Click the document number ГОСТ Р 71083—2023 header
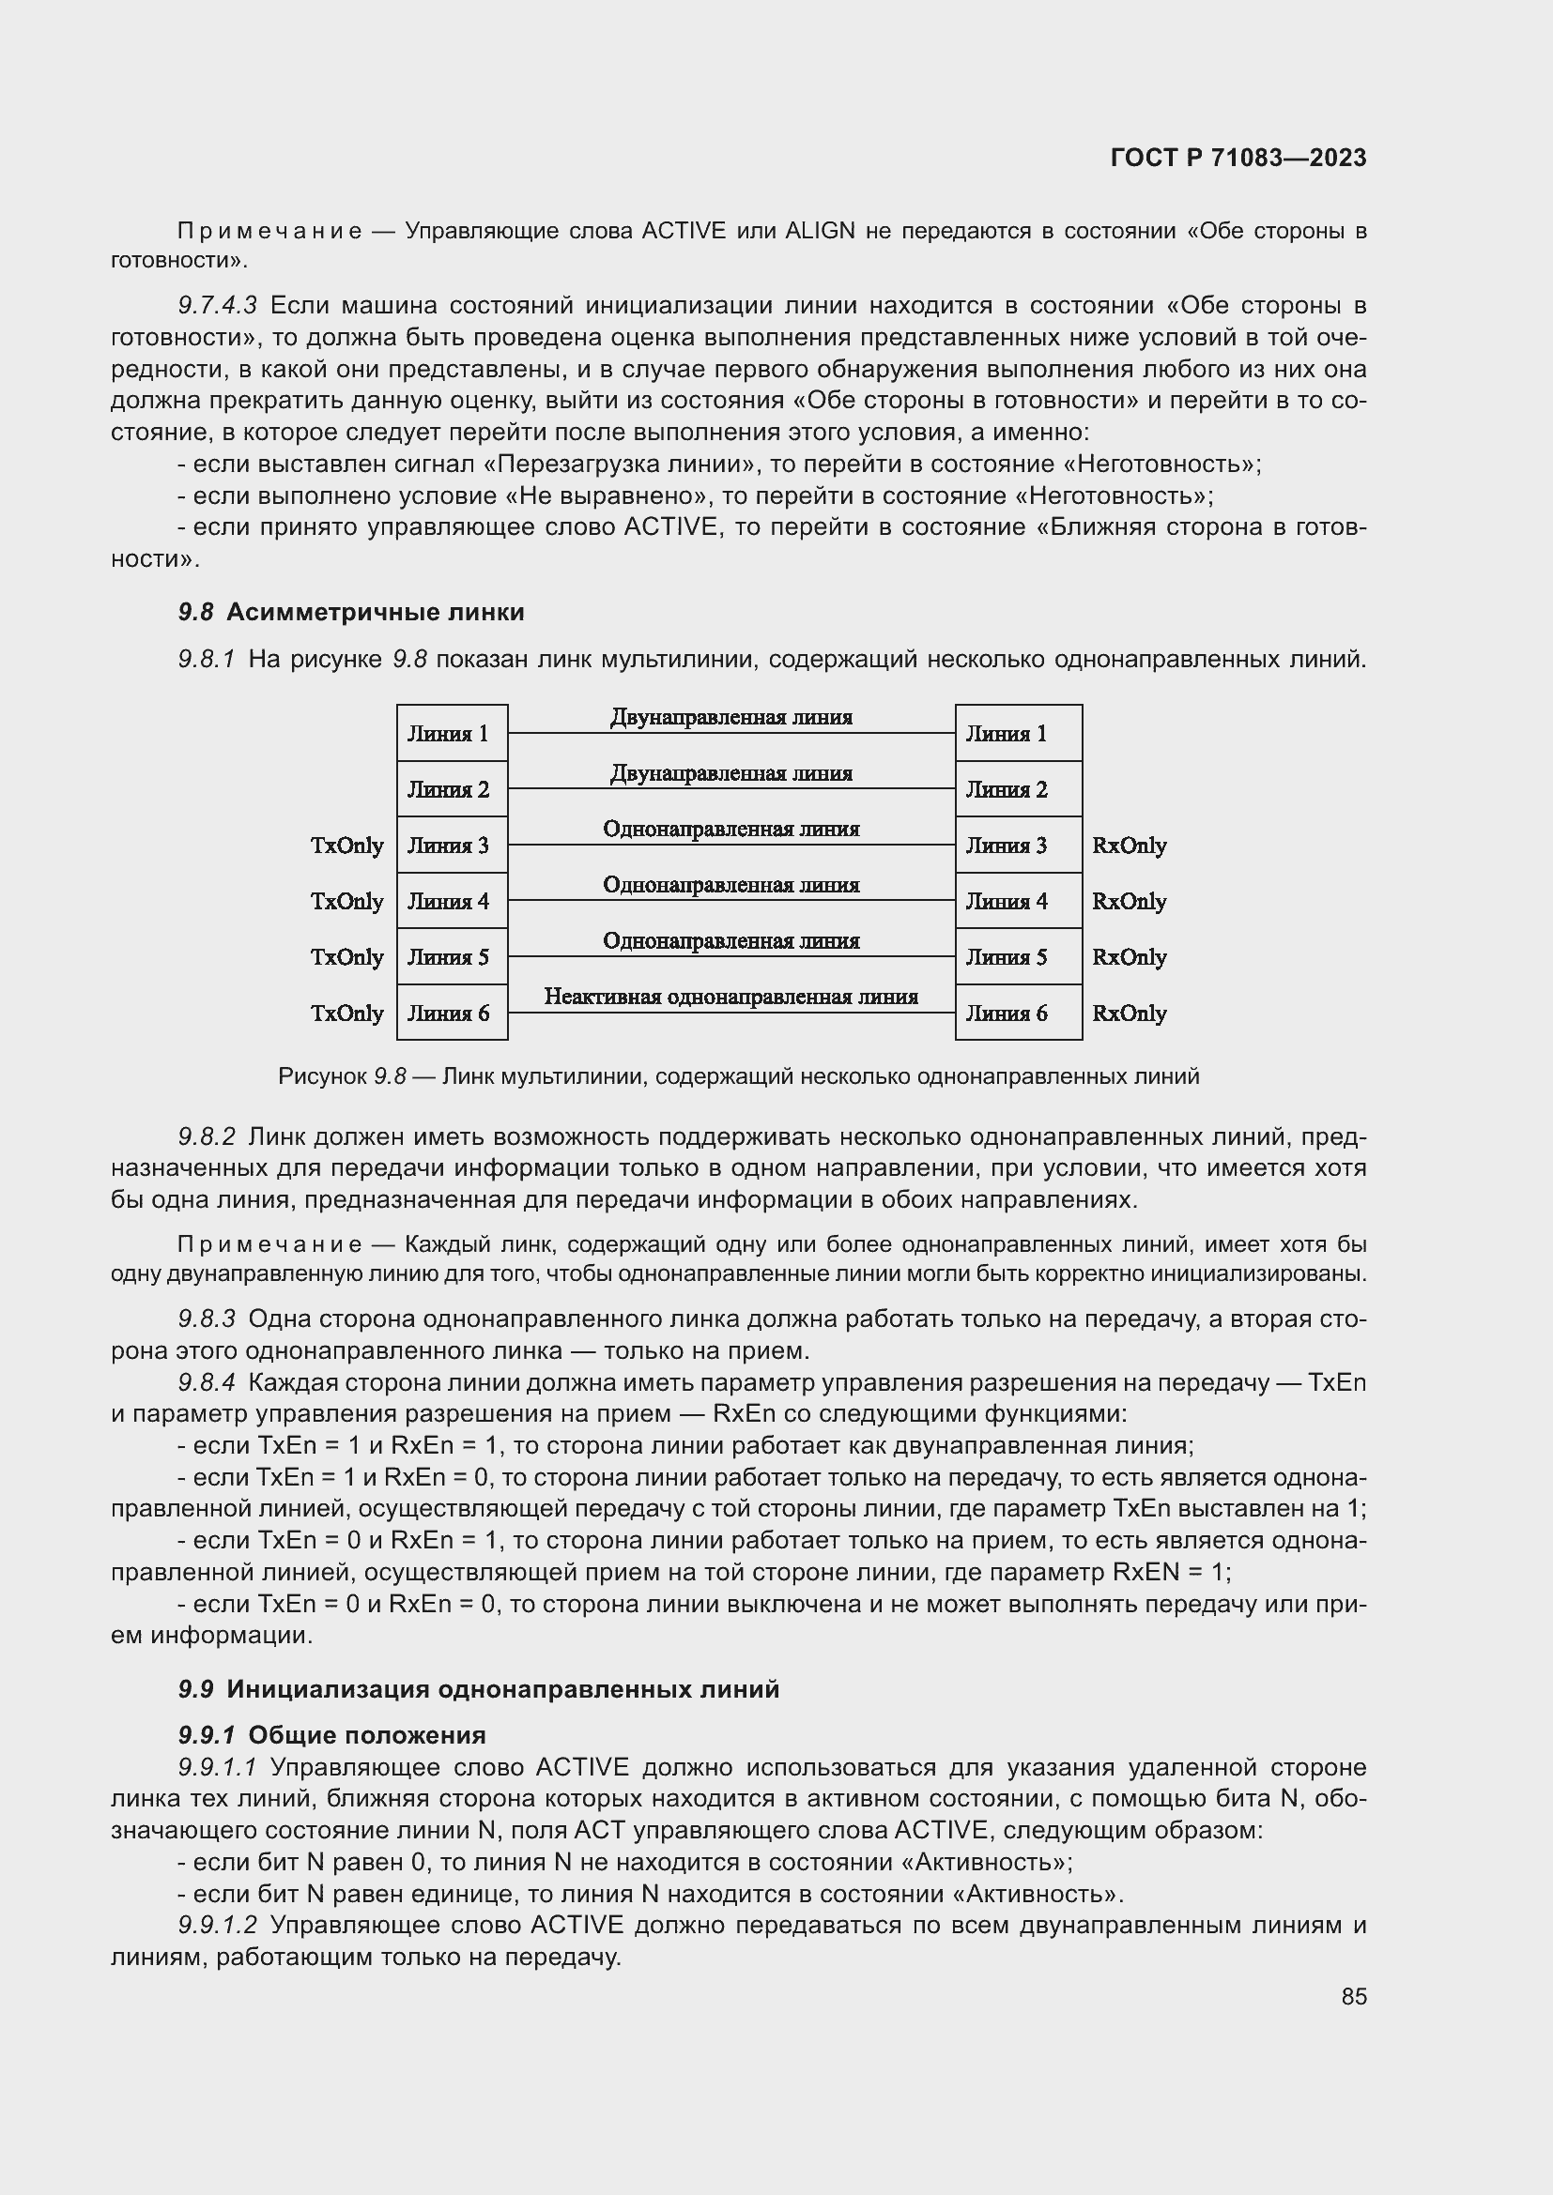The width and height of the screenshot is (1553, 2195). [1238, 159]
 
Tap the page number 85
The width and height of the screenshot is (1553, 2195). [1353, 1996]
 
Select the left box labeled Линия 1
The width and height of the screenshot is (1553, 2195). [452, 733]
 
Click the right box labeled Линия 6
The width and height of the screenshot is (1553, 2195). [1018, 1013]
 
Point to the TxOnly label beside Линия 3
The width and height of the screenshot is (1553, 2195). [347, 846]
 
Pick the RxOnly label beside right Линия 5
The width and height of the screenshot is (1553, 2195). [1129, 957]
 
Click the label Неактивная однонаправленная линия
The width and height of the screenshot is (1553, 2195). [730, 998]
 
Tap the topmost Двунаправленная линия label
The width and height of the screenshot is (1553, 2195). [730, 717]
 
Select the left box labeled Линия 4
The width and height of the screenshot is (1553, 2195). [452, 901]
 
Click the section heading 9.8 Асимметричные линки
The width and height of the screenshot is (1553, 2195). [351, 612]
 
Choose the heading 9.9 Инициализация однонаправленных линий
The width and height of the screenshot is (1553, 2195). [478, 1689]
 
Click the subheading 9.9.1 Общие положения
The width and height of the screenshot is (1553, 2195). [331, 1735]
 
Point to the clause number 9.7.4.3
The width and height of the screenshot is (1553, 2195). [217, 306]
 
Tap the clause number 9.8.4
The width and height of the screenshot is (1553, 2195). [206, 1382]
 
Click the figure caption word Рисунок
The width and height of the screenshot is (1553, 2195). [321, 1076]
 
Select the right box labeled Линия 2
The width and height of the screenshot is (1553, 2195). [1018, 789]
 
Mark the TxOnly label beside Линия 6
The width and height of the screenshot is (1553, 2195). [347, 1014]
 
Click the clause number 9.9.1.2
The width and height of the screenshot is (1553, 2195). [217, 1926]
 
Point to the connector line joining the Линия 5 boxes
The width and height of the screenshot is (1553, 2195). [730, 956]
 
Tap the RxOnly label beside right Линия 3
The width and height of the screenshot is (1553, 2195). [1129, 846]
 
